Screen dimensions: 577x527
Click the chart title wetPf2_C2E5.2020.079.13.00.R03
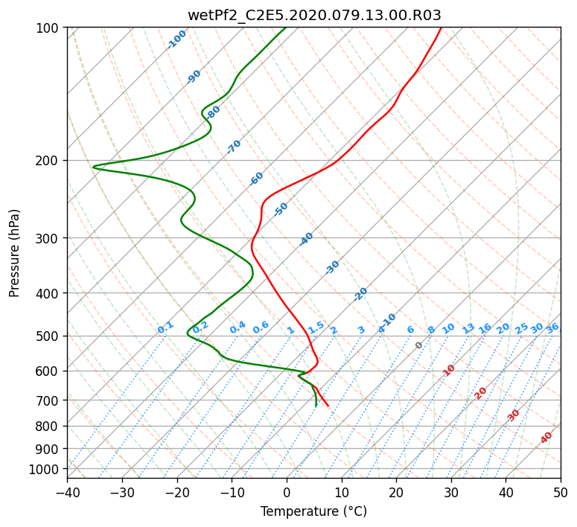point(314,15)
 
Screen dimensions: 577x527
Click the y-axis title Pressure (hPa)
point(13,253)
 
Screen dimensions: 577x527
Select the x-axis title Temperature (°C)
point(314,511)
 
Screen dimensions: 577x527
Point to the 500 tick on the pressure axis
point(48,336)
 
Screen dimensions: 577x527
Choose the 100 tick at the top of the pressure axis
point(48,28)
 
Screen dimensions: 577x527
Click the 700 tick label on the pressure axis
point(48,400)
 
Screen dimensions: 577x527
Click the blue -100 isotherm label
point(176,39)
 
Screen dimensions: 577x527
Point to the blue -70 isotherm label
point(234,147)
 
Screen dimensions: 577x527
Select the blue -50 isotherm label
point(281,209)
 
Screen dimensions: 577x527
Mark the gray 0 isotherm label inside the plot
point(418,345)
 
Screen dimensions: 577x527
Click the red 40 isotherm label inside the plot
point(546,438)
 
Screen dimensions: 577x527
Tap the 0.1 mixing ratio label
point(165,328)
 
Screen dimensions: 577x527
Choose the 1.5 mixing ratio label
point(316,328)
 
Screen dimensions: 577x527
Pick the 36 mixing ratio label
point(552,328)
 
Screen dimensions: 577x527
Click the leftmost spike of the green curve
point(94,167)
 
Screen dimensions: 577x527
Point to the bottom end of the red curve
point(328,406)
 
